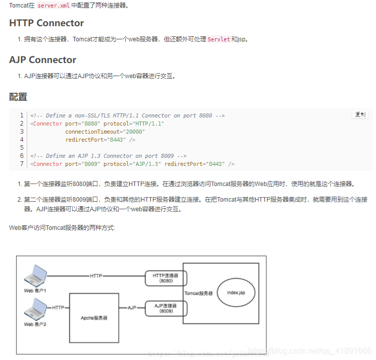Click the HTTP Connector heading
[x=46, y=23]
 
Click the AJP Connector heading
[x=42, y=60]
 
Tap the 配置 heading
[x=18, y=97]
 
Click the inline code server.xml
[x=57, y=6]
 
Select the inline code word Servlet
[x=219, y=39]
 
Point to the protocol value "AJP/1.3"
[x=147, y=164]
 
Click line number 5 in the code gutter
[x=22, y=148]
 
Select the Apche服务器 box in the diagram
[x=94, y=318]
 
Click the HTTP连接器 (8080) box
[x=166, y=278]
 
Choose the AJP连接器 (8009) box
[x=166, y=309]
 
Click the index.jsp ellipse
[x=236, y=292]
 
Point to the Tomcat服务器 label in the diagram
[x=198, y=293]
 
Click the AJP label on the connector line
[x=132, y=308]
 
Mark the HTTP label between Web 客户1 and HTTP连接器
[x=96, y=276]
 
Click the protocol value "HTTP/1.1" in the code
[x=150, y=124]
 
